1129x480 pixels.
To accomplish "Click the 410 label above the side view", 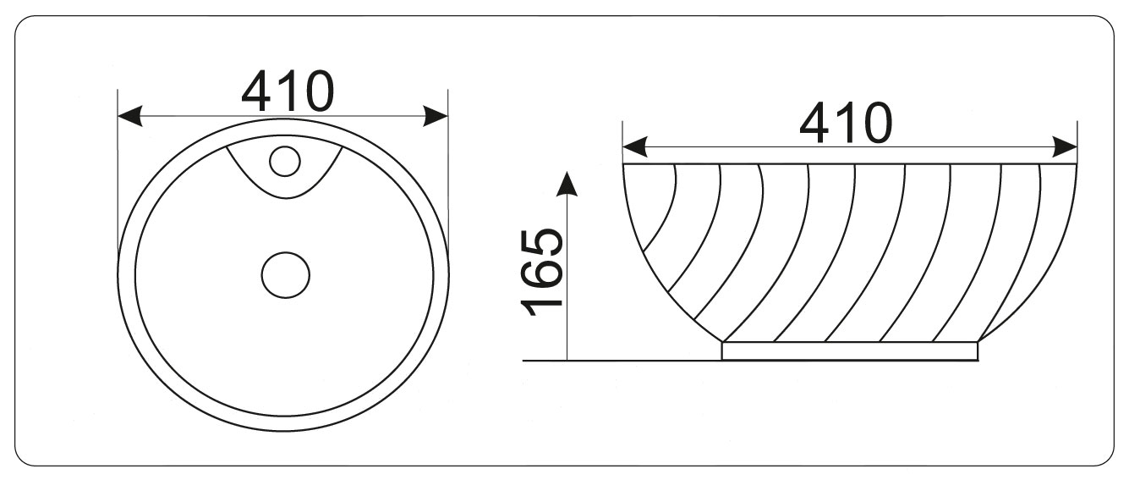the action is (846, 122).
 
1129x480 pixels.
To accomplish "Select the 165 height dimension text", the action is (540, 273).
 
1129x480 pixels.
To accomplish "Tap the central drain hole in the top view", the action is (286, 275).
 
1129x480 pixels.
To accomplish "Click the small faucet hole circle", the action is (285, 162).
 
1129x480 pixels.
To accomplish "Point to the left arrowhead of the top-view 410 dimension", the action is (129, 116).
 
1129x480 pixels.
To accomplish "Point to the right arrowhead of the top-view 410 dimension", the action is (436, 116).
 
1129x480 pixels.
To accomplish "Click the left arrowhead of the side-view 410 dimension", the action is (635, 146).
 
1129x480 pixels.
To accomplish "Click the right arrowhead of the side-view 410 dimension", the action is (1065, 146).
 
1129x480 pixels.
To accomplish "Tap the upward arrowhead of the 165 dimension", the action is (567, 183).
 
